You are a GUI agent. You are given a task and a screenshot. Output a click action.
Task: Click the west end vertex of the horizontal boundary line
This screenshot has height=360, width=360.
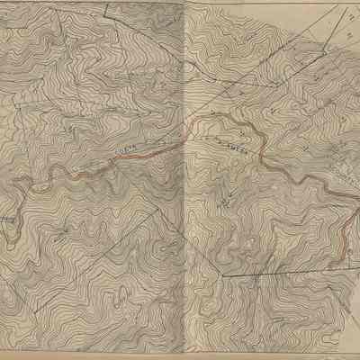pos(223,275)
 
